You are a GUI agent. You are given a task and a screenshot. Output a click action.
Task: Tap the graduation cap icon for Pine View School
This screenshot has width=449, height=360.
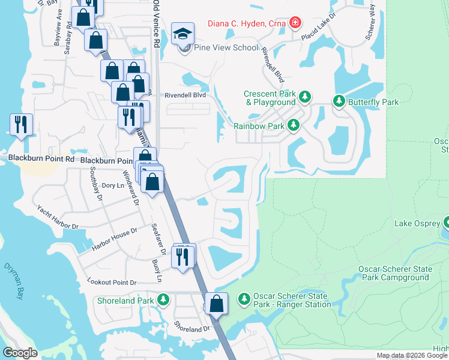183,34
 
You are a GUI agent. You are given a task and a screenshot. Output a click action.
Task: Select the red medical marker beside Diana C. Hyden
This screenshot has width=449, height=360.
295,23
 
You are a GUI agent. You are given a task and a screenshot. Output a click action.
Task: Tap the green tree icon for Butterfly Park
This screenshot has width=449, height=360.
340,102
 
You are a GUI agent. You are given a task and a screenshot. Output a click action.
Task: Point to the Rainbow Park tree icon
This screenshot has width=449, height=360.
294,125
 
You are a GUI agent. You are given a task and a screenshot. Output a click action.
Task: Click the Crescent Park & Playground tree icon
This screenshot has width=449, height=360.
305,97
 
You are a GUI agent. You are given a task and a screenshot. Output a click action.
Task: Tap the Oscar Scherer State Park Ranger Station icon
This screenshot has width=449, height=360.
244,298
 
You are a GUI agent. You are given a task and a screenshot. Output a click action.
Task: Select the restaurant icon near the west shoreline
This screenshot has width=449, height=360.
21,124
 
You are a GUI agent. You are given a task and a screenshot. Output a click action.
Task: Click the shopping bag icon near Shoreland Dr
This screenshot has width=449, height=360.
217,304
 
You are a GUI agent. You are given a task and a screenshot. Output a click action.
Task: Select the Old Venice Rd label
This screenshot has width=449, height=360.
156,24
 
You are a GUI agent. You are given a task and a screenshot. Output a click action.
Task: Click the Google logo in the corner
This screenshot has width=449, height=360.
20,353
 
